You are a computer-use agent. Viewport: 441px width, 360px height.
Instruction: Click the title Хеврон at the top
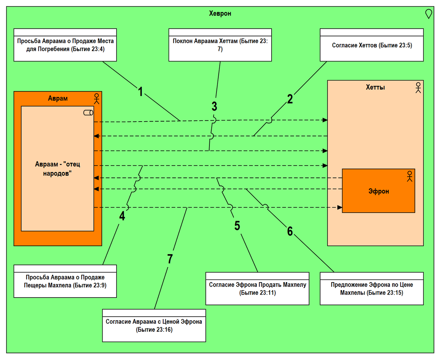220,14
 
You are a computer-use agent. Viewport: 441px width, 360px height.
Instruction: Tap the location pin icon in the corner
428,14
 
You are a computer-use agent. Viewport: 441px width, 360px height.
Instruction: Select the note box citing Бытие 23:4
65,45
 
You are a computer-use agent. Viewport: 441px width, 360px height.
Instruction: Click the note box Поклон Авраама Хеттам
220,45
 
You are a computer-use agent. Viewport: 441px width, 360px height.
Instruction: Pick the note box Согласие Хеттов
372,45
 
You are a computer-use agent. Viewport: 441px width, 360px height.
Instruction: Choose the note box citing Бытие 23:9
65,281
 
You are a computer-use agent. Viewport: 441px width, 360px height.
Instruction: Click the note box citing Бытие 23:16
154,325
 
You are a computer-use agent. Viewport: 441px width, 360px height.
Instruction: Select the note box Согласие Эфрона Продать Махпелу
257,289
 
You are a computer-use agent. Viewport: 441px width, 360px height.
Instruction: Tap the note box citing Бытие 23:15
372,289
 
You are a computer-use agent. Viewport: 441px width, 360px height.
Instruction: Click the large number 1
140,91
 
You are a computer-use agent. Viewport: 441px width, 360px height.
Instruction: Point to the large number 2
290,99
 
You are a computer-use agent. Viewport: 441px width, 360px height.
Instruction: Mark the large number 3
215,107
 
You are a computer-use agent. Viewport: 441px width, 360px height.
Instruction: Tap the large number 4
122,216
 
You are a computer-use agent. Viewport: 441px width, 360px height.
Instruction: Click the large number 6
290,231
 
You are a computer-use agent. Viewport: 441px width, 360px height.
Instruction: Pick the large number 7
169,259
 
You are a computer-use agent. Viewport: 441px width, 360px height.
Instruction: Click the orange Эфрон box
379,191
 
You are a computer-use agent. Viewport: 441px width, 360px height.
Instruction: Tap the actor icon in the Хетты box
418,87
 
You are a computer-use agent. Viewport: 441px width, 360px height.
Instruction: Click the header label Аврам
58,98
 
